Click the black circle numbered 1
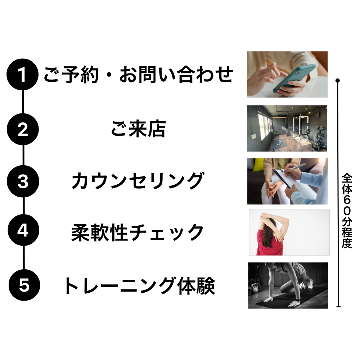coord(22,75)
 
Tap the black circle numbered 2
coord(23,129)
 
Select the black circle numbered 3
coord(23,181)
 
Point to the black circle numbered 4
coord(23,230)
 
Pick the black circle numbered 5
coord(24,285)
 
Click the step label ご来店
coord(138,129)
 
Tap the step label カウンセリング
coord(138,181)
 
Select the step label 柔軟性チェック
coord(138,232)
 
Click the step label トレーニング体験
coord(139,285)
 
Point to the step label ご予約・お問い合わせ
coord(139,74)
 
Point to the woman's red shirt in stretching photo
coord(269,243)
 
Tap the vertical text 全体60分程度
coord(347,211)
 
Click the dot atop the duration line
coord(338,81)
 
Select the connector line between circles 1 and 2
coord(23,102)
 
